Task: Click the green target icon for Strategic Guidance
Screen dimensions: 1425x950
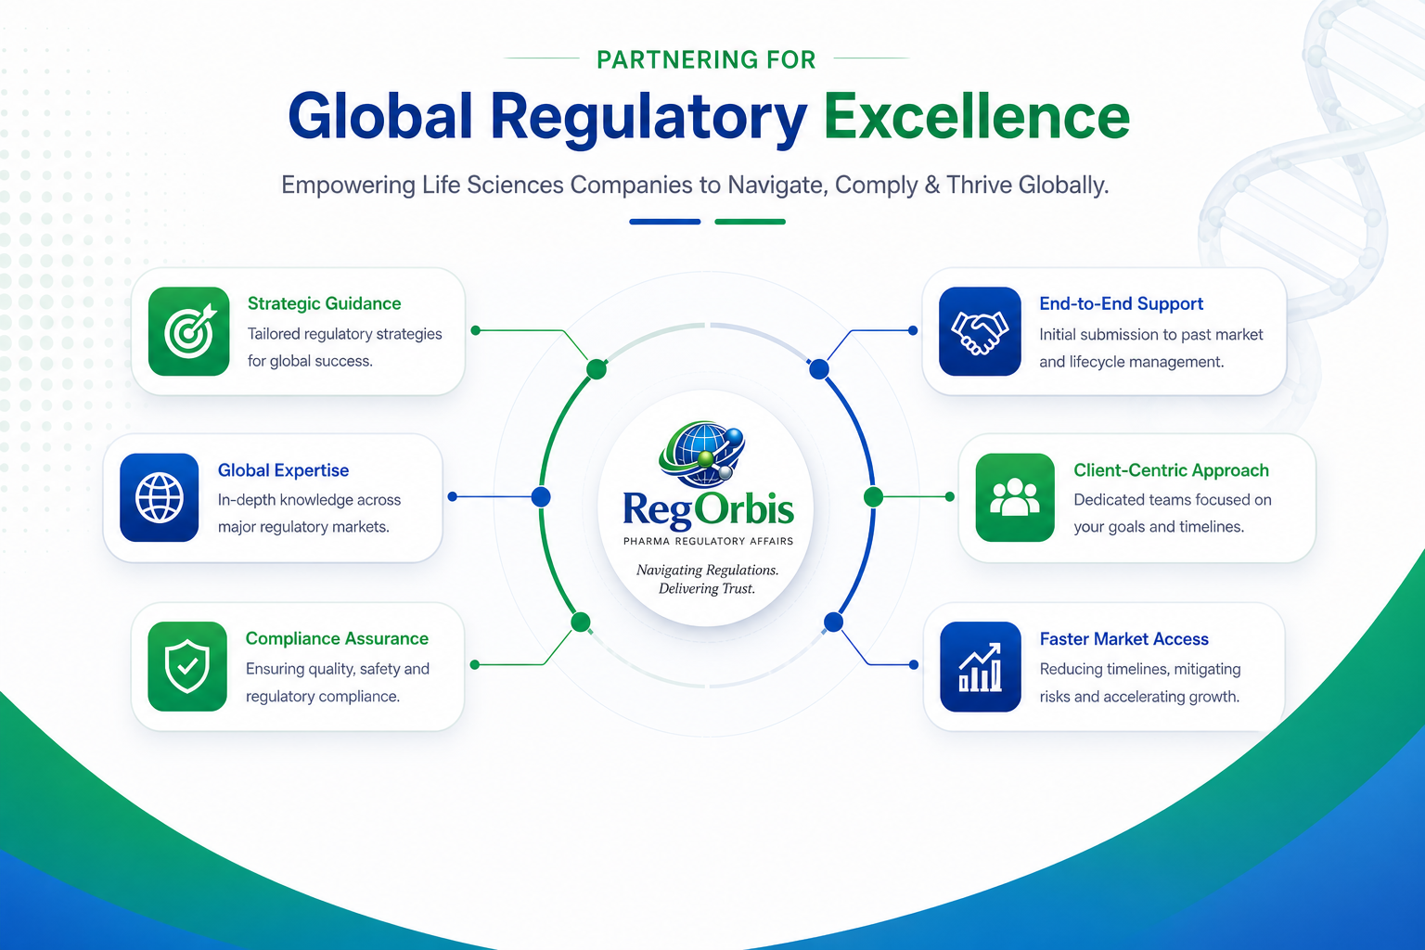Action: click(x=189, y=331)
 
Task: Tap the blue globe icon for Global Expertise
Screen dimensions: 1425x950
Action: click(x=159, y=497)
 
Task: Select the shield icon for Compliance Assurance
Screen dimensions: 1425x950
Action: click(x=187, y=666)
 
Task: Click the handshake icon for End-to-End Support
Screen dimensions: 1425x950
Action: click(x=980, y=331)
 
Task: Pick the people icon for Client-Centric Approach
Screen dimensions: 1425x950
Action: click(x=1015, y=497)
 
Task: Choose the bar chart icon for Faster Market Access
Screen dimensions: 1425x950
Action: click(x=981, y=667)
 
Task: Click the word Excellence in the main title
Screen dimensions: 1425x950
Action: click(x=977, y=117)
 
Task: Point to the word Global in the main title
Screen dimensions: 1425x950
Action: click(x=379, y=117)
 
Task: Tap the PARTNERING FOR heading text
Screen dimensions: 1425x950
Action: click(x=706, y=59)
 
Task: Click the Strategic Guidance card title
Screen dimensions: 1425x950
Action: click(x=325, y=303)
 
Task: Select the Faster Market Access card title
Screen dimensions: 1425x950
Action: click(x=1124, y=639)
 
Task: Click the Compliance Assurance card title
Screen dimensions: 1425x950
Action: click(x=337, y=638)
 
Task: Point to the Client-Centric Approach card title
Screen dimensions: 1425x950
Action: click(x=1171, y=470)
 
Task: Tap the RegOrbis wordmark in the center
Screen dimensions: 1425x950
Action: click(x=708, y=509)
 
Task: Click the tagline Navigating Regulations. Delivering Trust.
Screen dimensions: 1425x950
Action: click(x=708, y=579)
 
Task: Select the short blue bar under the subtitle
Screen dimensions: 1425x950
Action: click(x=665, y=222)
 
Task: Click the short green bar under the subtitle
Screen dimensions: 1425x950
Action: click(x=750, y=222)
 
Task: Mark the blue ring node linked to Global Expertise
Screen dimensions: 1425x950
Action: click(x=541, y=497)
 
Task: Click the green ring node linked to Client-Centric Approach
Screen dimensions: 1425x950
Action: click(x=873, y=497)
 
